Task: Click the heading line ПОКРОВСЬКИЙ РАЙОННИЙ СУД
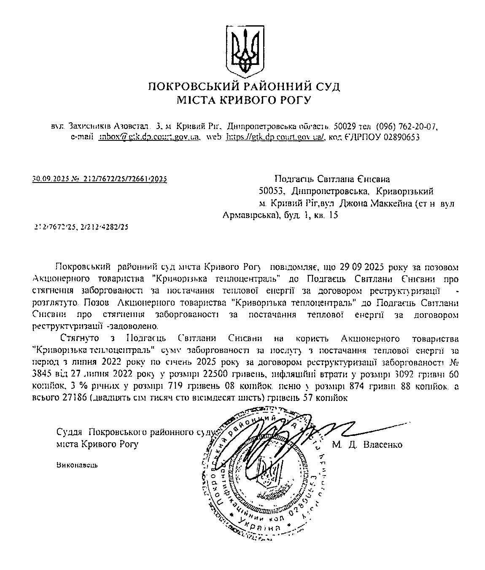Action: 244,87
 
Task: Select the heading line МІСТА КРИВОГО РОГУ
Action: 244,100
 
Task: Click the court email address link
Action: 148,137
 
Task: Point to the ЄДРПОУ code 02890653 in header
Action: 395,137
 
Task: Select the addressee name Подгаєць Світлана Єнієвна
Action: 332,180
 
